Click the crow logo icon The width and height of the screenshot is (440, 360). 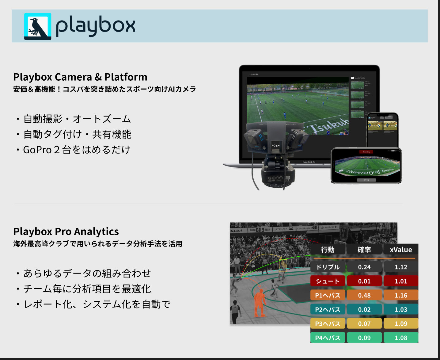(38, 26)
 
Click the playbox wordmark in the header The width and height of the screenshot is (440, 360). (95, 26)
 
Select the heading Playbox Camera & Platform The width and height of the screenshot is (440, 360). (80, 77)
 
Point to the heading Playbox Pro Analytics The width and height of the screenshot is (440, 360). (66, 231)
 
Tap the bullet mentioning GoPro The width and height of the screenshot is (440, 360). (77, 150)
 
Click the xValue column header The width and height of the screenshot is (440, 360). (401, 250)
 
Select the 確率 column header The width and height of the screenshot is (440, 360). (364, 250)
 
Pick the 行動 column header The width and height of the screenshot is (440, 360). (328, 250)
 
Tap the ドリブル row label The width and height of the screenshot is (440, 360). (328, 267)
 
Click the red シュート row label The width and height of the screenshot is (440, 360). (328, 281)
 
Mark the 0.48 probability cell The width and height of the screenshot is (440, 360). (364, 295)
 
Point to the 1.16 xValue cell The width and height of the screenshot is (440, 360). (401, 295)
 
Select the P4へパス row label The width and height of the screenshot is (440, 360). (328, 338)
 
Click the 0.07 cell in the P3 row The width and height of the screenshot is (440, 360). (364, 324)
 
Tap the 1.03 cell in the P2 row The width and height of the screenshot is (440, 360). (401, 309)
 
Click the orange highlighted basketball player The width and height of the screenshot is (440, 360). (260, 302)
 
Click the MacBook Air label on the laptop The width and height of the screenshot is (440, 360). (309, 162)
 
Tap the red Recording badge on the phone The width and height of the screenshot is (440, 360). (366, 152)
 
